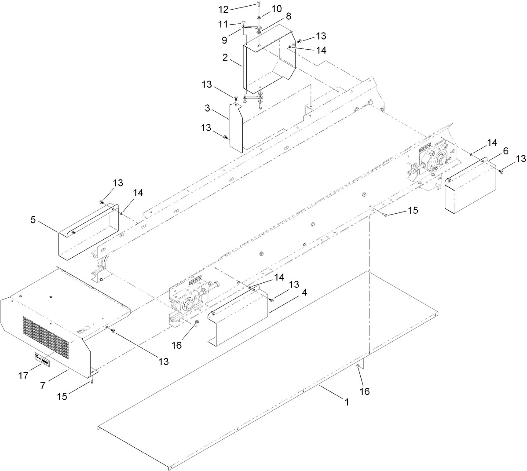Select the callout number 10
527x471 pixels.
(x=276, y=9)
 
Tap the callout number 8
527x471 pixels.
(x=288, y=16)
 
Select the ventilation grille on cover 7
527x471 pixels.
(x=46, y=337)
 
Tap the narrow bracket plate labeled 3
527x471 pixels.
(x=235, y=128)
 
